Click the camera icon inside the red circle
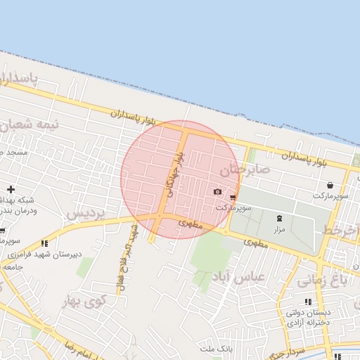[x=217, y=192]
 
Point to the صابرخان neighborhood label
[x=245, y=170]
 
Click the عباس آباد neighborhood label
[x=261, y=277]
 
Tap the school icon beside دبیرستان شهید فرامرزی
[x=46, y=244]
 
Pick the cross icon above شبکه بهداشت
[x=11, y=189]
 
